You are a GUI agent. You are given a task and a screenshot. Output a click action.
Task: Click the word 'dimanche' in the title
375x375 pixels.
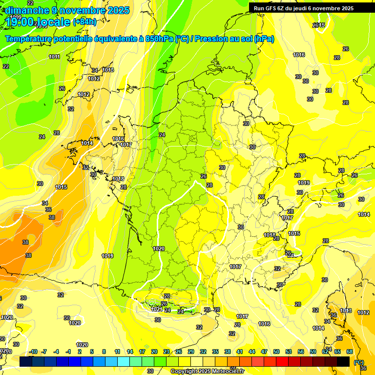pyautogui.click(x=27, y=10)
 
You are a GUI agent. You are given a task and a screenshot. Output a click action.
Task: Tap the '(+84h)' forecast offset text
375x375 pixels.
pyautogui.click(x=84, y=21)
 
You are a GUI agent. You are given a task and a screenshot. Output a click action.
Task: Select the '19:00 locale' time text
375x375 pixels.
pyautogui.click(x=38, y=21)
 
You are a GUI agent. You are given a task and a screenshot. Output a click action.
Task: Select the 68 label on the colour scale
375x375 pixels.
pyautogui.click(x=350, y=352)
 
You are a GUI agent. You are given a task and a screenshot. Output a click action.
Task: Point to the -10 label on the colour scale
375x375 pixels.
pyautogui.click(x=34, y=352)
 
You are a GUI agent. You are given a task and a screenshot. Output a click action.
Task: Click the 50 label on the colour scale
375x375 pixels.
pyautogui.click(x=276, y=352)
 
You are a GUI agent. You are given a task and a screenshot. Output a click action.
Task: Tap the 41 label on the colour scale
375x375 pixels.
pyautogui.click(x=240, y=352)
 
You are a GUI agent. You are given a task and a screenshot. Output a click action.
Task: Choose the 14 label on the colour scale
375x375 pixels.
pyautogui.click(x=130, y=352)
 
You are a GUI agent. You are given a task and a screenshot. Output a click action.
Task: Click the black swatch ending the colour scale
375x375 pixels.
pyautogui.click(x=343, y=361)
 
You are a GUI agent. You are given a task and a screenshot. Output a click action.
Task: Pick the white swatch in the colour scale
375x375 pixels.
pyautogui.click(x=197, y=361)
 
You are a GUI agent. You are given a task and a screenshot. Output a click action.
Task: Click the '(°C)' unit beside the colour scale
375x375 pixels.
pyautogui.click(x=359, y=362)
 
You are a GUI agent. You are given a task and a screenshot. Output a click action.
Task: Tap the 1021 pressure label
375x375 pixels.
pyautogui.click(x=156, y=309)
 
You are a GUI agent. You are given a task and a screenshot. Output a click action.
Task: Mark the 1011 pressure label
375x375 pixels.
pyautogui.click(x=54, y=57)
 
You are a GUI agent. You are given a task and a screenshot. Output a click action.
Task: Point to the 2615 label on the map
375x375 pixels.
pyautogui.click(x=318, y=25)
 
